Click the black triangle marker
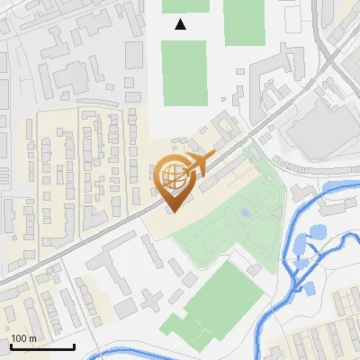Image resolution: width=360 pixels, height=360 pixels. point(181,24)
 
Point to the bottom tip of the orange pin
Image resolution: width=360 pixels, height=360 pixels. point(172,211)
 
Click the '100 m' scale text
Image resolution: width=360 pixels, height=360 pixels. point(23,337)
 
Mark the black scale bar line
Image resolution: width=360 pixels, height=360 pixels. point(42,346)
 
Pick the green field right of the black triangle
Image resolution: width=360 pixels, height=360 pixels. point(244,22)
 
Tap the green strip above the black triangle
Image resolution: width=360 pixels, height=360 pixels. point(185,5)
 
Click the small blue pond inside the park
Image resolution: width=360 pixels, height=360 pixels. point(245,213)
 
